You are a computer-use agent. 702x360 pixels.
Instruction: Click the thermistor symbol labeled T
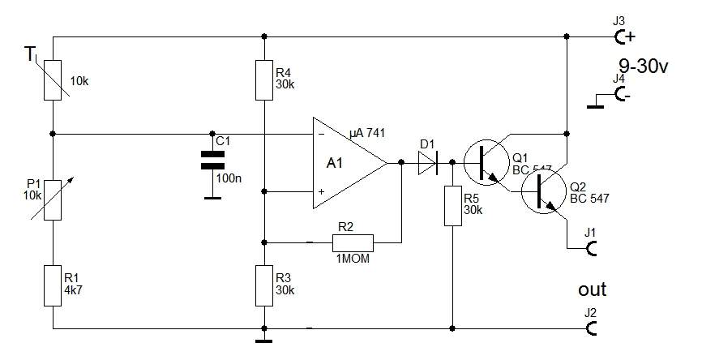[x=53, y=79]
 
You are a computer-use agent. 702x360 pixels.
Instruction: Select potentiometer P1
[x=53, y=200]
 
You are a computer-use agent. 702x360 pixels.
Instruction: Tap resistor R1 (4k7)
[x=53, y=285]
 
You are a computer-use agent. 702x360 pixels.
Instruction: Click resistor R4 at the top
[x=263, y=79]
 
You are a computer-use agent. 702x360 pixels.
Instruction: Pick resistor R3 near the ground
[x=263, y=285]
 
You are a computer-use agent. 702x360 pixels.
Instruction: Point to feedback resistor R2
[x=353, y=242]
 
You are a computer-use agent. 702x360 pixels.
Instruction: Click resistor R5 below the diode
[x=452, y=206]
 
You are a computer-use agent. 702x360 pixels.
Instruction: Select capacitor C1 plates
[x=212, y=160]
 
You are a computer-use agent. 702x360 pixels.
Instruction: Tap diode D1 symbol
[x=427, y=162]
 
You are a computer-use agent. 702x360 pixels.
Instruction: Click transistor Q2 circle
[x=543, y=191]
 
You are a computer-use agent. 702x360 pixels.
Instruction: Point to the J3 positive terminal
[x=622, y=36]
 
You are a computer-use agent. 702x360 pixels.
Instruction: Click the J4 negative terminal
[x=622, y=94]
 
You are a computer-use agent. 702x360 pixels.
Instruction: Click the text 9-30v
[x=644, y=67]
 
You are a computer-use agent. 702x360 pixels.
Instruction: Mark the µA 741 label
[x=367, y=133]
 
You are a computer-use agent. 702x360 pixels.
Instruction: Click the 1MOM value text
[x=353, y=258]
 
